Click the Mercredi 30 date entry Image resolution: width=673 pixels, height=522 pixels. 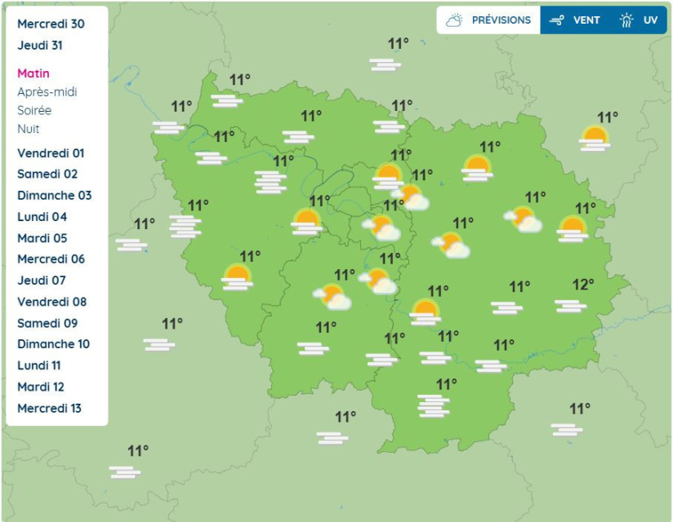[x=51, y=24]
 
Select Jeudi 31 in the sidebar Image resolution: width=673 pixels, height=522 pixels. [x=40, y=46]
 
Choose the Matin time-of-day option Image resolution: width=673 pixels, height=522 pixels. [x=33, y=73]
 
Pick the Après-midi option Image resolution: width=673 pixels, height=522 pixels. [x=47, y=92]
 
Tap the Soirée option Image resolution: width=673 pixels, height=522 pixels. [x=34, y=110]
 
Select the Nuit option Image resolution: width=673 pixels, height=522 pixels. [x=29, y=129]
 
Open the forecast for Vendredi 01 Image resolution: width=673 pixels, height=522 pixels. [x=51, y=153]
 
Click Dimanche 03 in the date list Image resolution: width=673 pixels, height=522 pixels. [x=55, y=196]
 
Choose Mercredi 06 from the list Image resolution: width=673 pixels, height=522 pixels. [x=51, y=259]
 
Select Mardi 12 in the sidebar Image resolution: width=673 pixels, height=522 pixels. [x=40, y=387]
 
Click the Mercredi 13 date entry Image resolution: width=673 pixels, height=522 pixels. [x=50, y=408]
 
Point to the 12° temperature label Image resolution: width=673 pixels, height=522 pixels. [x=583, y=285]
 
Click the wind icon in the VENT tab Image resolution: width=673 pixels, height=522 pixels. [x=558, y=20]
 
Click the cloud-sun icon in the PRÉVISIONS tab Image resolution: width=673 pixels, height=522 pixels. [x=455, y=20]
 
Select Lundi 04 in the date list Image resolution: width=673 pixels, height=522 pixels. [x=42, y=217]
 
